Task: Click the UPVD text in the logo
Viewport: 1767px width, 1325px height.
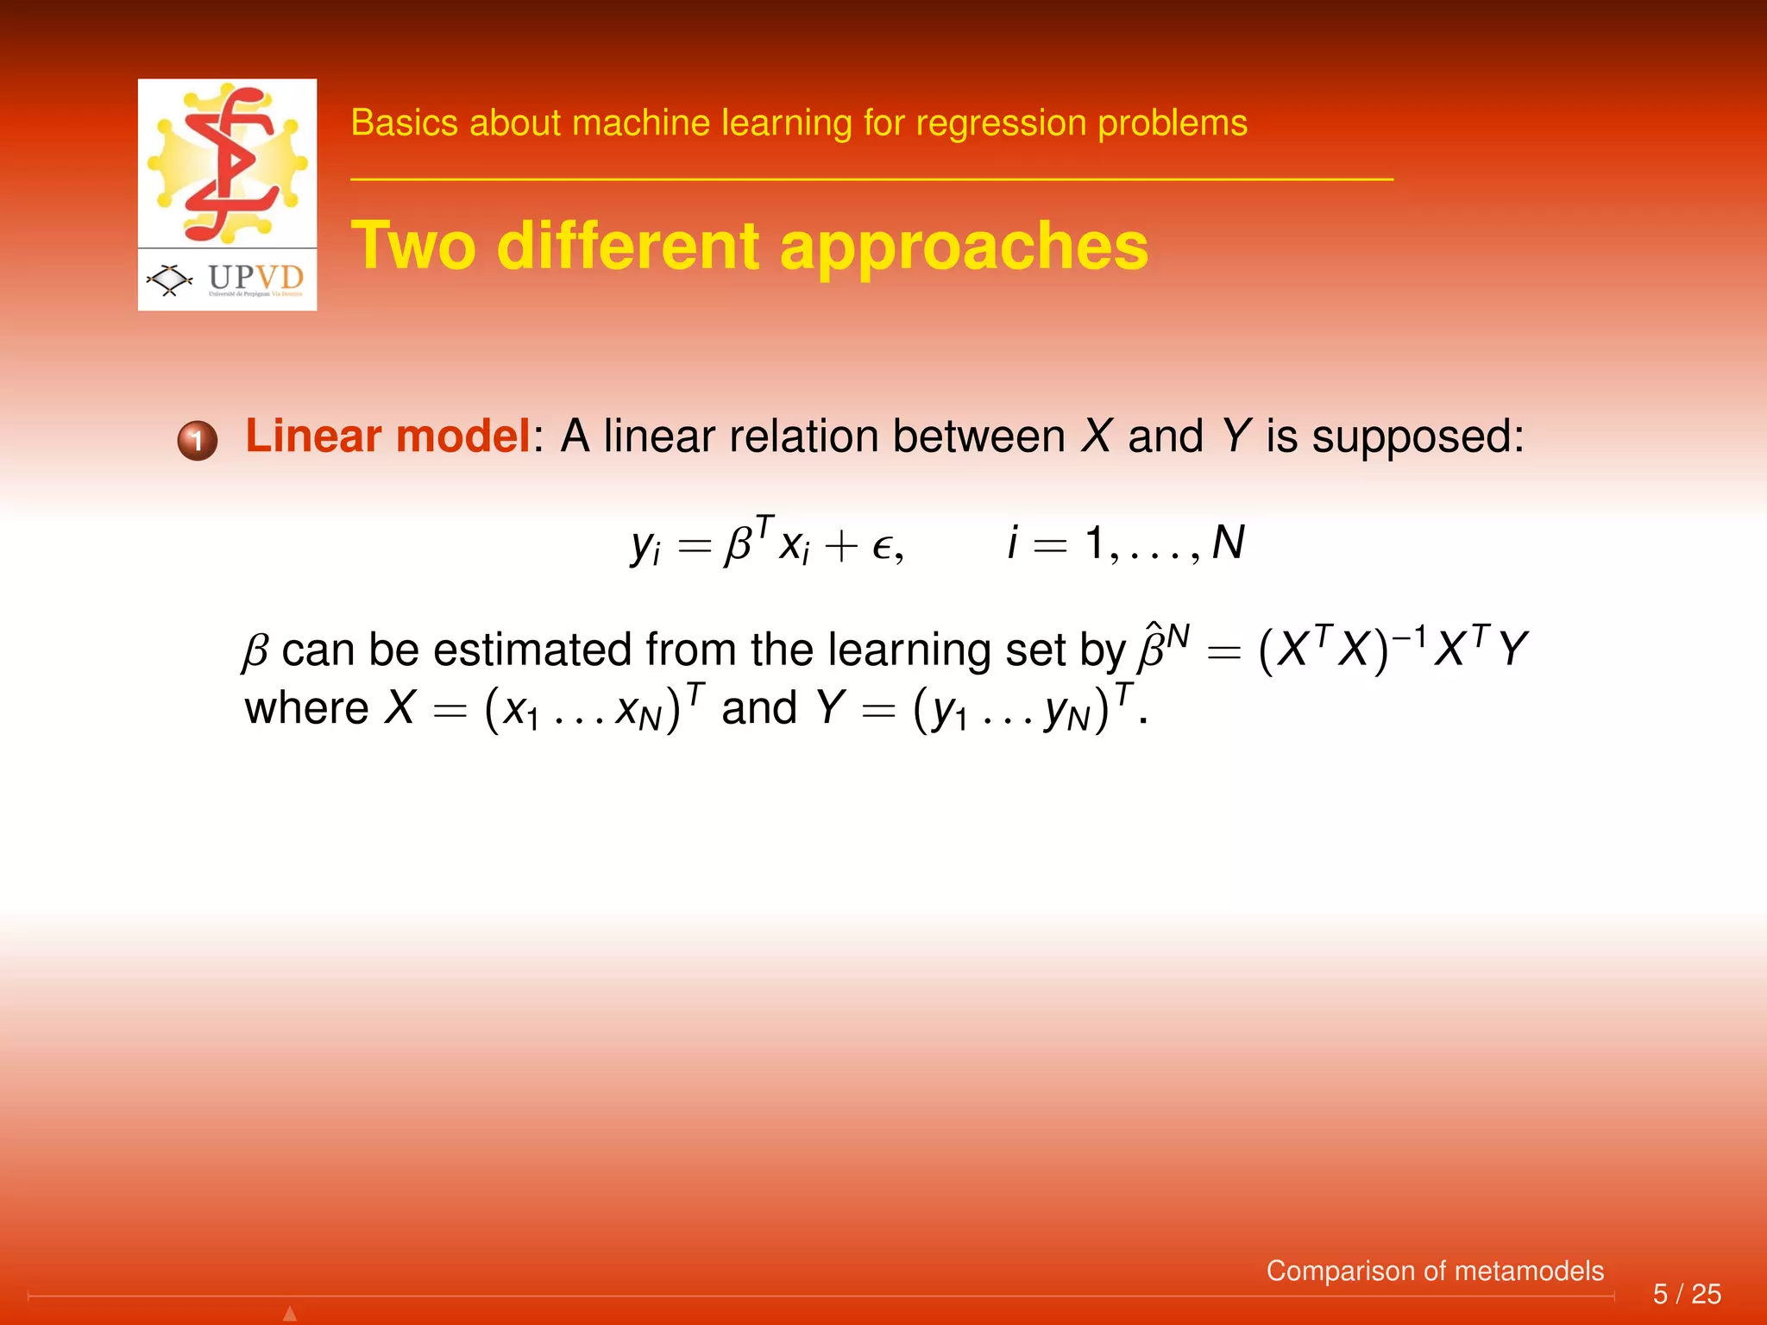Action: tap(255, 277)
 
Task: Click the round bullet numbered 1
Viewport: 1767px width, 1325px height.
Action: tap(198, 441)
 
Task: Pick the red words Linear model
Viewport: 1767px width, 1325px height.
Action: tap(387, 436)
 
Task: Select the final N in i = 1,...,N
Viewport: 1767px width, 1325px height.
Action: tap(1229, 543)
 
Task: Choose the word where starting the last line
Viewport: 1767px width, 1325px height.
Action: tap(306, 709)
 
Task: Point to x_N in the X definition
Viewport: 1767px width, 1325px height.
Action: tap(637, 711)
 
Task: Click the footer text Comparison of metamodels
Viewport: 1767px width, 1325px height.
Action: tap(1434, 1271)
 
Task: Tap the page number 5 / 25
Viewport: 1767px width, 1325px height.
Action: tap(1686, 1294)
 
